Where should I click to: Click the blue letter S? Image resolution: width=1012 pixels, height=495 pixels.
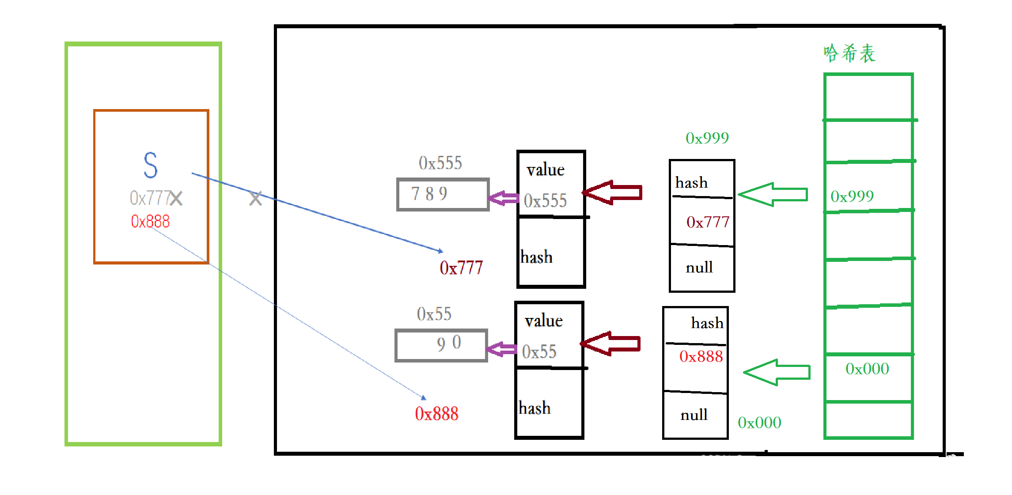(151, 165)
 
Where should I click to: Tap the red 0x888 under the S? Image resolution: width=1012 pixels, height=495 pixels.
(150, 221)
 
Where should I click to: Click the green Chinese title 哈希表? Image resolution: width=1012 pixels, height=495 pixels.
(849, 53)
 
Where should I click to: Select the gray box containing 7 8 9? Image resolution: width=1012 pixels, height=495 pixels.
(443, 194)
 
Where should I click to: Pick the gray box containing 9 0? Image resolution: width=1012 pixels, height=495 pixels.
(441, 345)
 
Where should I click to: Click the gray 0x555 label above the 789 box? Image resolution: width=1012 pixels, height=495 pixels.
(440, 163)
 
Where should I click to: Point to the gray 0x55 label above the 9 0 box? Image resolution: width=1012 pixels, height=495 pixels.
(434, 314)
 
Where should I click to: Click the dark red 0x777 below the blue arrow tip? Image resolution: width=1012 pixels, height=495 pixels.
(461, 268)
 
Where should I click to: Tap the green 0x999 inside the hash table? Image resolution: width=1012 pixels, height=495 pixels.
(852, 196)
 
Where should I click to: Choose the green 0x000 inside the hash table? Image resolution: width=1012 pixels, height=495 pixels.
(867, 369)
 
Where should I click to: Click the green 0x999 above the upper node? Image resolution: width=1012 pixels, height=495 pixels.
(707, 138)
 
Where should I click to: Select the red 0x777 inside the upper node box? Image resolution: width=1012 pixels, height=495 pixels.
(708, 222)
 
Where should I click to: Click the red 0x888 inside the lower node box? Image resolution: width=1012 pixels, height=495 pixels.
(701, 356)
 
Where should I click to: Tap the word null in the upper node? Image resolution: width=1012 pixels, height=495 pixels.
(699, 267)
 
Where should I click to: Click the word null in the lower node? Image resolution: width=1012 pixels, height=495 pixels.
(694, 415)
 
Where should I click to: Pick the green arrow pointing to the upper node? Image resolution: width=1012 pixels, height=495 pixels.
(773, 194)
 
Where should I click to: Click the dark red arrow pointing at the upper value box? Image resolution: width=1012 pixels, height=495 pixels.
(613, 193)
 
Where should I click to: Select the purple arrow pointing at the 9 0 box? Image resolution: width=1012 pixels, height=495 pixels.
(502, 349)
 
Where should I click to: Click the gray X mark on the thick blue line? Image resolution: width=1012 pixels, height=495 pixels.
(255, 198)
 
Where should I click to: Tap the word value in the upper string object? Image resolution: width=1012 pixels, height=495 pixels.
(546, 170)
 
